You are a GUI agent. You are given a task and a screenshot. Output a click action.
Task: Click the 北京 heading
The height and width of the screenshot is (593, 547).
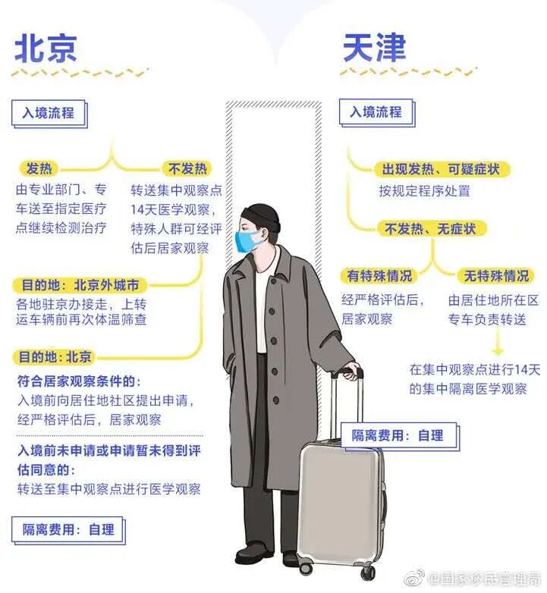tap(46, 50)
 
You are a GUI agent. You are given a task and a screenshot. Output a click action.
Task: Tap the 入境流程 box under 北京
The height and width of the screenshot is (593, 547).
tap(48, 113)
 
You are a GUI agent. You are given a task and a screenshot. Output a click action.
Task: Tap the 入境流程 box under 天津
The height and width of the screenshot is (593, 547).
tap(375, 111)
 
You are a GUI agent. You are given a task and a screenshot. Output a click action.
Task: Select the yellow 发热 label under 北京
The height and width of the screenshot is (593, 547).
tap(41, 168)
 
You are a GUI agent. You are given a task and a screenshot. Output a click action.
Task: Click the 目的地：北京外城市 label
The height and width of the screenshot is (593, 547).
tap(79, 286)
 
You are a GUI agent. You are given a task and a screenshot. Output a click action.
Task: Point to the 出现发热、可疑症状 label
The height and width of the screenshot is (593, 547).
tap(440, 169)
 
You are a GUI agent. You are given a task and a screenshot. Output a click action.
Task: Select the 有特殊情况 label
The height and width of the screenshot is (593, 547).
tap(379, 276)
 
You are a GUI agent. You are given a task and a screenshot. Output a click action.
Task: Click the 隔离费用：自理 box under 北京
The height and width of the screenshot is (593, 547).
tap(68, 529)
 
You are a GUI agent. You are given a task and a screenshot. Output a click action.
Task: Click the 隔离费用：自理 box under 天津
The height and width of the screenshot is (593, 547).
tap(397, 435)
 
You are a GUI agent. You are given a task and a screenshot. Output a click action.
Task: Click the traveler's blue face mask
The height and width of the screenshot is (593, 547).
tap(247, 242)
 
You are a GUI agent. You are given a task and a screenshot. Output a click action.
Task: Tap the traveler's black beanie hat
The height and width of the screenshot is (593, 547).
tap(261, 215)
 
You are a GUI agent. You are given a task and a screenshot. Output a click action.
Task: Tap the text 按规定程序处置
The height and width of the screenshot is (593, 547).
tap(424, 190)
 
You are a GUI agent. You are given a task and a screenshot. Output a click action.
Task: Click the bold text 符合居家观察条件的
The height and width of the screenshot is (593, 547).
tap(79, 380)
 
